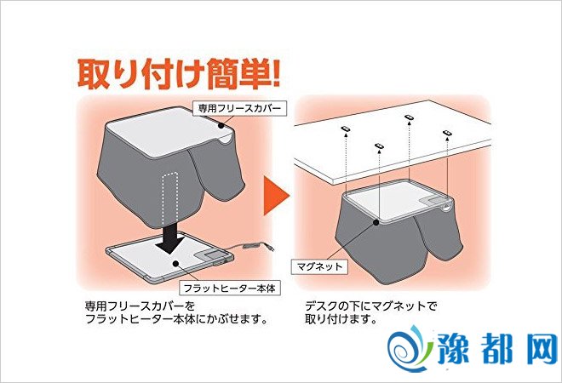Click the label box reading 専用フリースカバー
pyautogui.click(x=240, y=108)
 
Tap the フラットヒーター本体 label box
pyautogui.click(x=230, y=288)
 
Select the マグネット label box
pyautogui.click(x=319, y=266)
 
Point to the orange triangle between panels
pyautogui.click(x=276, y=195)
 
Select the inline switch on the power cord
pyautogui.click(x=249, y=246)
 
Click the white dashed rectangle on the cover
pyautogui.click(x=171, y=197)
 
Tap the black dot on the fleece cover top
pyautogui.click(x=221, y=125)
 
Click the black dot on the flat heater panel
pyautogui.click(x=175, y=264)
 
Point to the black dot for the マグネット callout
pyautogui.click(x=376, y=222)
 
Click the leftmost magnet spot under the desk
pyautogui.click(x=345, y=129)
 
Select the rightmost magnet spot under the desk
pyautogui.click(x=447, y=134)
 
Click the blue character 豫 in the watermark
pyautogui.click(x=453, y=349)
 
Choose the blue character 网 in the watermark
pyautogui.click(x=542, y=349)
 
